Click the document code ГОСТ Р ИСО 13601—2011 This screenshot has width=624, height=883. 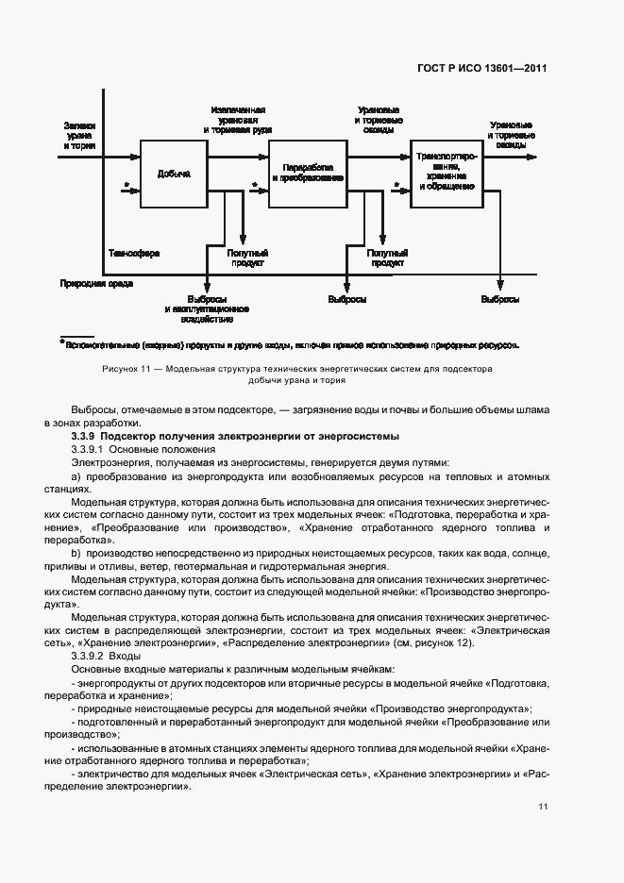click(481, 68)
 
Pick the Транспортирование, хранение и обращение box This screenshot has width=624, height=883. click(446, 174)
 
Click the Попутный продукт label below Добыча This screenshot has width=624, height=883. click(246, 258)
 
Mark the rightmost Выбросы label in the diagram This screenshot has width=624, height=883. click(499, 300)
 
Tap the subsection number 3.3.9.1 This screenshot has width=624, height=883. click(92, 449)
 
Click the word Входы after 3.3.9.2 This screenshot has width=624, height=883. click(126, 654)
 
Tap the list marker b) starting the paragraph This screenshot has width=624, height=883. click(76, 551)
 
